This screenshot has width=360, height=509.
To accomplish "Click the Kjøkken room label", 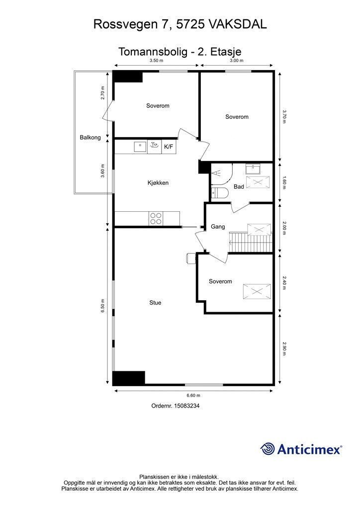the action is tap(158, 183).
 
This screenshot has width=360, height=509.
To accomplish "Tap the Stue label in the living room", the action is tap(155, 303).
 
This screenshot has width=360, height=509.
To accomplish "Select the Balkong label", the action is tap(90, 137).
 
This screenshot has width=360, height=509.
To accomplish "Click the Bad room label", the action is tap(239, 187).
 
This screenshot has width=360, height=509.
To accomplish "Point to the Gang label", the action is tap(218, 227).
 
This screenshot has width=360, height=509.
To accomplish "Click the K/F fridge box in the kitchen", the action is tap(169, 147).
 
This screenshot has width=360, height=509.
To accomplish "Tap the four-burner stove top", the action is tap(156, 219).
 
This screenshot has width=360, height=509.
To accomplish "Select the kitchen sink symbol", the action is tap(140, 147).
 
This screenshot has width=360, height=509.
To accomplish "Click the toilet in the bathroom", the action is tap(220, 193).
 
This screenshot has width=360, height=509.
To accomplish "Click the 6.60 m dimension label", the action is tap(193, 395).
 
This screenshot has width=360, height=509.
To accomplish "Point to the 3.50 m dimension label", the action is tap(156, 61).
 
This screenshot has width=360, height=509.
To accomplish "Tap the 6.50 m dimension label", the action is tap(102, 306).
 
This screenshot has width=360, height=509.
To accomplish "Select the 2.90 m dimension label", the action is tap(284, 348).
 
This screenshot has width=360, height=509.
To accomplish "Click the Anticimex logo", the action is tap(301, 449).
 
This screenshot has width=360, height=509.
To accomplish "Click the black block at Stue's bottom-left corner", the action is tap(129, 378).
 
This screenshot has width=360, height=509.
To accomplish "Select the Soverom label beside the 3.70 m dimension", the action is tap(237, 117).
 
